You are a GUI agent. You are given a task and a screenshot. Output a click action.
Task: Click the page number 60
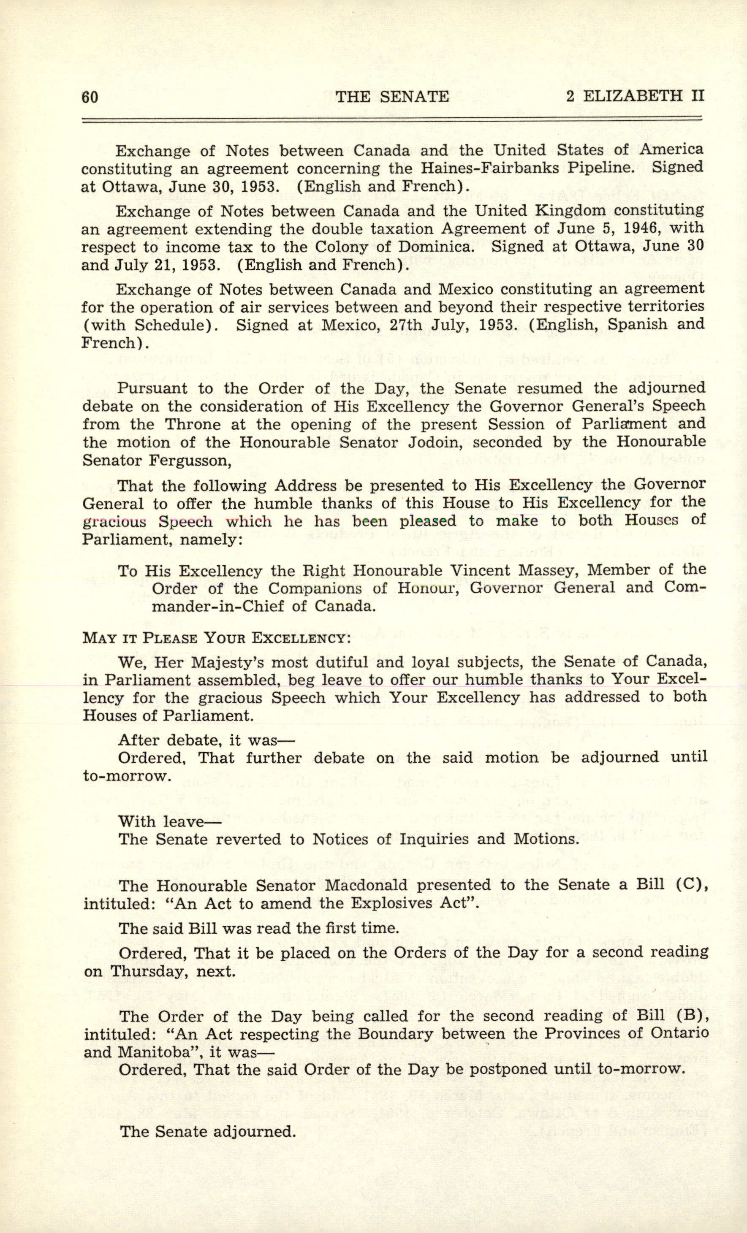pos(90,97)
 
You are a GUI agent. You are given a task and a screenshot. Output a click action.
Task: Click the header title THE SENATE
pos(392,96)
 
